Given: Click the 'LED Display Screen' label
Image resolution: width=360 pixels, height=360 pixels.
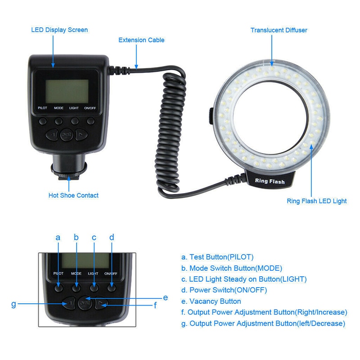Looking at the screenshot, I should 59,30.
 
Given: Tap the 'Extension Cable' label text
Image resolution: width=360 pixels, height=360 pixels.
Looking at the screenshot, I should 141,40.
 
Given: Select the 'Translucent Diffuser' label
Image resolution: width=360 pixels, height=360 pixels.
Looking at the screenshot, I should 279,30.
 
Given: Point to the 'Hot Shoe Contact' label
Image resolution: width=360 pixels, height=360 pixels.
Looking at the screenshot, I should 73,195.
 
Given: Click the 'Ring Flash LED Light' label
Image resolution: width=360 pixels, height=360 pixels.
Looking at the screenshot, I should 317,201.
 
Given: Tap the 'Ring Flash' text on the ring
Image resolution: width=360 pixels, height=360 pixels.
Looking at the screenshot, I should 270,181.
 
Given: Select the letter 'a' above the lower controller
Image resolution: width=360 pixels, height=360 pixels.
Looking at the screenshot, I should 58,237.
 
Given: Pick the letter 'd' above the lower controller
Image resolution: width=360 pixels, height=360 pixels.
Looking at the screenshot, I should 112,237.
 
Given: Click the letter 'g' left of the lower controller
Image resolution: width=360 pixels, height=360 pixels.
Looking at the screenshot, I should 13,304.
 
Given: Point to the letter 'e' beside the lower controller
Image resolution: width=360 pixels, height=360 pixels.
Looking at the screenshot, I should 165,297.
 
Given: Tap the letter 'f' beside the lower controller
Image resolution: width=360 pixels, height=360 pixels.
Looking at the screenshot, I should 155,305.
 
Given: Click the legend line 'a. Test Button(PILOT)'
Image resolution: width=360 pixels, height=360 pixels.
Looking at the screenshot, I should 217,257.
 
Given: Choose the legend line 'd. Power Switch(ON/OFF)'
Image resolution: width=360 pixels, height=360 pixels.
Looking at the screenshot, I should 224,290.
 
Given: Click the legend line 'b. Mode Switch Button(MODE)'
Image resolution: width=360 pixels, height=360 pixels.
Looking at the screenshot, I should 232,268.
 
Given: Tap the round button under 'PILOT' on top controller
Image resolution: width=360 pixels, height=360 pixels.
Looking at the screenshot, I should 42,121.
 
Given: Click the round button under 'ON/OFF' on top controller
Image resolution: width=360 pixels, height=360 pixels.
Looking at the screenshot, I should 91,121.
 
